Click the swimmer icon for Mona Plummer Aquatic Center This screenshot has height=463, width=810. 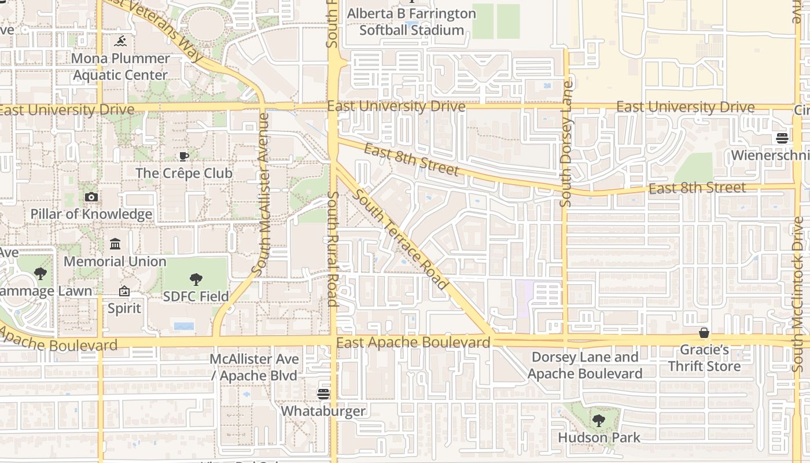pos(120,41)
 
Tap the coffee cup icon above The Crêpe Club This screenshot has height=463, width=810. pos(183,156)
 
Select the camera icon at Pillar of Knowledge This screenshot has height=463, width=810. pos(91,197)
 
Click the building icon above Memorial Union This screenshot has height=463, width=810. pos(115,244)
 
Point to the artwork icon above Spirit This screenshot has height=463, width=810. pos(124,291)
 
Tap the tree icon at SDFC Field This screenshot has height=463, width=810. pos(196,280)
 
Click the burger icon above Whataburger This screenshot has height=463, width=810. pos(323,394)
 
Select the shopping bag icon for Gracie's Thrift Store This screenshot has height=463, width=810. pos(704,333)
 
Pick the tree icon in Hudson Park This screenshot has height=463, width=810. pos(599,421)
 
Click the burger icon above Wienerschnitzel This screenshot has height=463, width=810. pos(782,138)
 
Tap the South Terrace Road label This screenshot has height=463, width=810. pos(400,240)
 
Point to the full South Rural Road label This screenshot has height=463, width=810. pos(333,249)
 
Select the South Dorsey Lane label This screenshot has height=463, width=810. pos(566,144)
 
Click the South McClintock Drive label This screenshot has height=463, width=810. pos(798,294)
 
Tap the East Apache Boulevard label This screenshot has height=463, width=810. pos(413,343)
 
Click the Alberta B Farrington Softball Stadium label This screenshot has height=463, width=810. pos(411,22)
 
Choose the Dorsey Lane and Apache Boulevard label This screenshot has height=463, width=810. pos(584,365)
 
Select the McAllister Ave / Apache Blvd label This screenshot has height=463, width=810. pos(254,368)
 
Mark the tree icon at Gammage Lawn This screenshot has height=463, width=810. pos(40,274)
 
